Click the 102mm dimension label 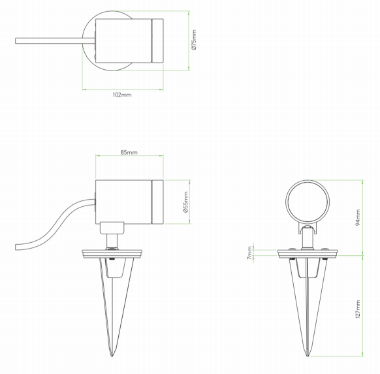click(x=122, y=95)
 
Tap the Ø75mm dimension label click(x=194, y=40)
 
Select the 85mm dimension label click(x=129, y=152)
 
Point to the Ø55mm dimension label click(x=186, y=202)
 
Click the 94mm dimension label click(x=358, y=217)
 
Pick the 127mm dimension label click(x=358, y=309)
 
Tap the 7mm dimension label click(x=249, y=253)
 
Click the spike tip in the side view click(x=112, y=356)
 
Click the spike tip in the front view click(x=308, y=356)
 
